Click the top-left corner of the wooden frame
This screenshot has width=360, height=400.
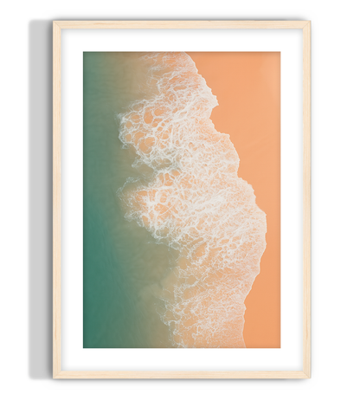click(x=55, y=23)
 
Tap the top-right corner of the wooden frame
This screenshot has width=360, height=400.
click(x=308, y=23)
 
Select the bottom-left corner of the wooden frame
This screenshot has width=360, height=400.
click(x=55, y=376)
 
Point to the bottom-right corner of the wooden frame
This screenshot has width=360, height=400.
click(x=308, y=376)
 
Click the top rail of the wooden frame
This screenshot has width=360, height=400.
click(x=182, y=24)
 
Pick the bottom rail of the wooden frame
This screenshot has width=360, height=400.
click(x=182, y=374)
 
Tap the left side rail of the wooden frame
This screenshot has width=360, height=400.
click(x=55, y=199)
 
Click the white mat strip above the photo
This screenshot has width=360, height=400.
click(x=182, y=40)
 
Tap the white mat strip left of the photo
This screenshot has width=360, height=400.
click(x=71, y=199)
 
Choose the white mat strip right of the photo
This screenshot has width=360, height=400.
click(x=292, y=199)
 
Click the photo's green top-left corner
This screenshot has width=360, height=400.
click(x=86, y=55)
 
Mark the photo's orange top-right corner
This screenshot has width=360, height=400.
click(x=278, y=55)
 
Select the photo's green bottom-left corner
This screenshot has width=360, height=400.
click(x=86, y=345)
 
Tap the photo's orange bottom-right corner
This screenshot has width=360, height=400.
click(x=278, y=345)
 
